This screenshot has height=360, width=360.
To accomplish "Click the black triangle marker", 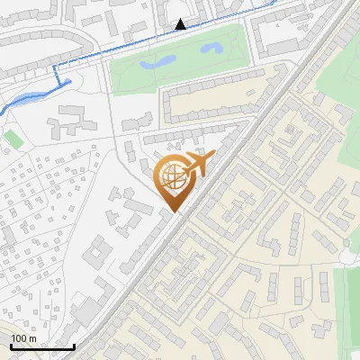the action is [x=181, y=24].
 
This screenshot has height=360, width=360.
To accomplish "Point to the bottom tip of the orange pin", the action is [x=172, y=212].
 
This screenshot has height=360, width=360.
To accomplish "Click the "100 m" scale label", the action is [x=23, y=338].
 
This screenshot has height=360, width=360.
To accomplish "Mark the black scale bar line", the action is [x=41, y=346].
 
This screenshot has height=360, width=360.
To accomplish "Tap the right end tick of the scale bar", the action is [x=73, y=345].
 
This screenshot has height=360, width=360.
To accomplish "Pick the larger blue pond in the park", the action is [x=158, y=64].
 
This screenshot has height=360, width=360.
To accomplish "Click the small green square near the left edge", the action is [x=12, y=139].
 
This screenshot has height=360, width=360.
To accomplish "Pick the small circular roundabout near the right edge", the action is [x=348, y=256].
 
